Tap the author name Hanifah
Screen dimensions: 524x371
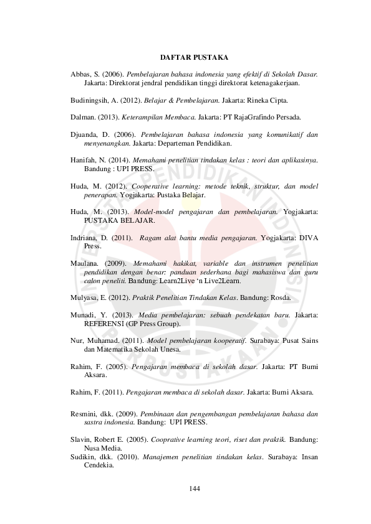(84, 159)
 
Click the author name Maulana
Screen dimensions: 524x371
(86, 263)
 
